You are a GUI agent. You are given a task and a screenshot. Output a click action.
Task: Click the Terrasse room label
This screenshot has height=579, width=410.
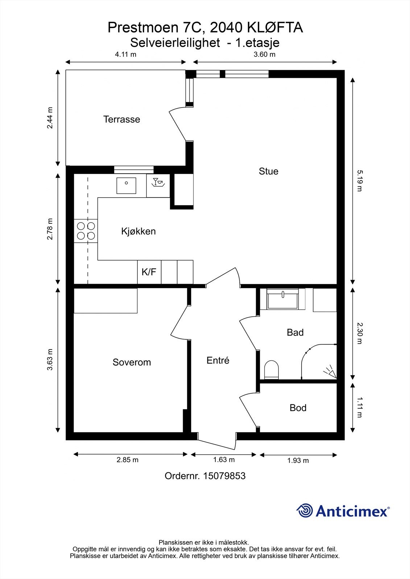click(121, 119)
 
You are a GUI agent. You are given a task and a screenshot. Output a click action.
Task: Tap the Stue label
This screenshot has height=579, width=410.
click(268, 171)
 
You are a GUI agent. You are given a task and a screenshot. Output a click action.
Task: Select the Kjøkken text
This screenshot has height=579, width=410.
click(138, 231)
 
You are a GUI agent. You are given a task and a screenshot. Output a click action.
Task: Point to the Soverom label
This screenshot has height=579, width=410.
click(132, 362)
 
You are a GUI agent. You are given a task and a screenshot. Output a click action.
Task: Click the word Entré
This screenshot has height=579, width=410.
click(218, 360)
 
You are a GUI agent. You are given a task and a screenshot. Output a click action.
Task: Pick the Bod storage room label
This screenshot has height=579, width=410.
click(298, 407)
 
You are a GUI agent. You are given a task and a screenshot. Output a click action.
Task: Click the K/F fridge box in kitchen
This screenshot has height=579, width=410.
click(149, 272)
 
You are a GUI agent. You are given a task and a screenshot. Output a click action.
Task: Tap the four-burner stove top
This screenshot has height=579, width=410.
click(86, 231)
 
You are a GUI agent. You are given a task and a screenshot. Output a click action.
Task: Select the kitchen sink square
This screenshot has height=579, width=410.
click(126, 186)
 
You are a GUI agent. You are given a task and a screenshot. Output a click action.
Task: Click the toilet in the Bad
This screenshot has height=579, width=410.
click(271, 369)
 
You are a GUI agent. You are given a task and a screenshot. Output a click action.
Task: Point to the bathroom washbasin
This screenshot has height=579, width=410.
click(283, 299)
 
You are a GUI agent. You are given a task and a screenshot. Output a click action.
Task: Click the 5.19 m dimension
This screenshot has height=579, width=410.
click(360, 181)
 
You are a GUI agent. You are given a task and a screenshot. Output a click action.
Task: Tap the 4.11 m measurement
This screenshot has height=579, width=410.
click(125, 54)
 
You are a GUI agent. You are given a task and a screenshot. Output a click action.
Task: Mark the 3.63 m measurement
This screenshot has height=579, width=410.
click(50, 360)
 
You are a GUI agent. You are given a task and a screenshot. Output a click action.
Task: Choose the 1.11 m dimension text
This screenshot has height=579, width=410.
click(360, 407)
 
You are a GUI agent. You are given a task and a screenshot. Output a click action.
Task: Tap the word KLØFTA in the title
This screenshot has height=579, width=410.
click(275, 28)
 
